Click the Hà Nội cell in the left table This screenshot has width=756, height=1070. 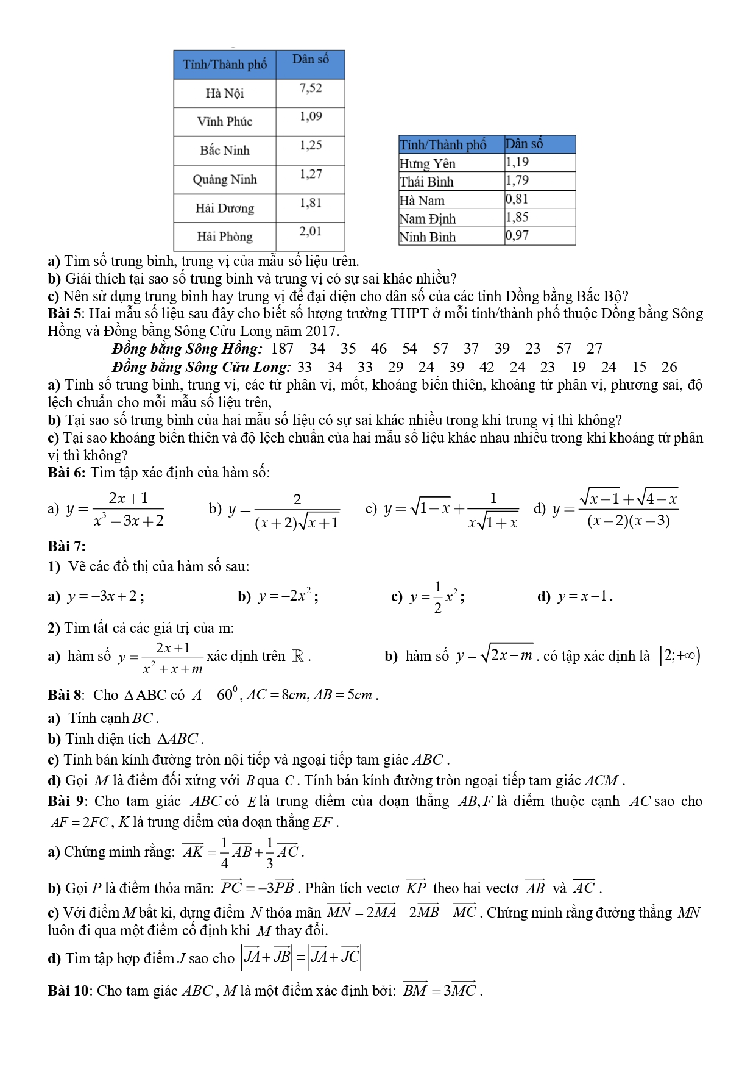pyautogui.click(x=224, y=93)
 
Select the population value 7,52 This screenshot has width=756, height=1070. pyautogui.click(x=311, y=88)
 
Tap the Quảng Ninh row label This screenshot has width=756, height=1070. pyautogui.click(x=224, y=179)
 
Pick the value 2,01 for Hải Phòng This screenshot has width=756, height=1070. pyautogui.click(x=311, y=232)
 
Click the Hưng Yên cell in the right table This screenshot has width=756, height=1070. pyautogui.click(x=428, y=163)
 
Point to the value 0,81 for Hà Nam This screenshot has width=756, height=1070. pyautogui.click(x=517, y=199)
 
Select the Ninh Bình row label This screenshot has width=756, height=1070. pyautogui.click(x=428, y=237)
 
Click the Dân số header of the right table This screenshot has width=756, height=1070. pyautogui.click(x=524, y=144)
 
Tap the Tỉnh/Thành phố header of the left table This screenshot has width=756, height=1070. pyautogui.click(x=225, y=65)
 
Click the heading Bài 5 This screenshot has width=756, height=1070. pyautogui.click(x=66, y=314)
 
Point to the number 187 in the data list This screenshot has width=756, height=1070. pyautogui.click(x=282, y=349)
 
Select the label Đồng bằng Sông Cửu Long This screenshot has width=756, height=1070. pyautogui.click(x=202, y=367)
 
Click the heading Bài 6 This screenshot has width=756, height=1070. pyautogui.click(x=67, y=473)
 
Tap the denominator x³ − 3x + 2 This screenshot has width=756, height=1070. pyautogui.click(x=129, y=521)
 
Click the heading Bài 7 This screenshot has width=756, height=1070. pyautogui.click(x=66, y=546)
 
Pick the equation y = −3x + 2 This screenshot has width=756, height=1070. pyautogui.click(x=105, y=596)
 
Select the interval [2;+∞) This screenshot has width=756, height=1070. pyautogui.click(x=680, y=656)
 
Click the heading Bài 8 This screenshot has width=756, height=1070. pyautogui.click(x=66, y=695)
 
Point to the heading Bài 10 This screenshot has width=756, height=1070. pyautogui.click(x=69, y=991)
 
